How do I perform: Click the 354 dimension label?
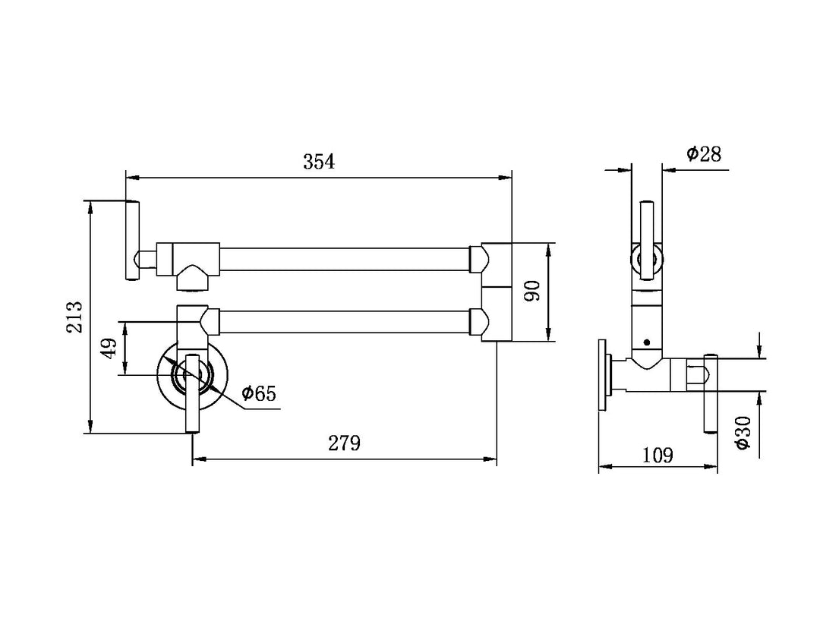tap(318, 162)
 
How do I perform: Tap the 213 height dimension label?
tap(74, 317)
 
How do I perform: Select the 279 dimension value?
tap(344, 443)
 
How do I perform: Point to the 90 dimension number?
tap(531, 291)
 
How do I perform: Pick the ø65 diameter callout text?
tap(258, 393)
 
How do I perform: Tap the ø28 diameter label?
tap(703, 154)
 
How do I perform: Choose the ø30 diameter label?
tap(743, 433)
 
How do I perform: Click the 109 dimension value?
tap(658, 455)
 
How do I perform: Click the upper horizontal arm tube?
tap(345, 260)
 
